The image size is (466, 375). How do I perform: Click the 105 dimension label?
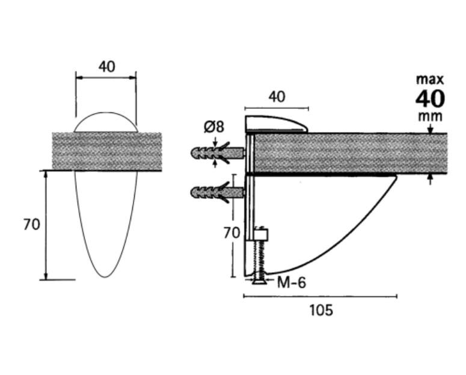pyautogui.click(x=321, y=311)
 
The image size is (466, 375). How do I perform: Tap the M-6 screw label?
pyautogui.click(x=291, y=282)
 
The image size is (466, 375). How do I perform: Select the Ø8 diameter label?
pyautogui.click(x=213, y=127)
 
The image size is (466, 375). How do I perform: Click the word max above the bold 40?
pyautogui.click(x=430, y=80)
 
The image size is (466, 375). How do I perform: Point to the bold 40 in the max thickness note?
pyautogui.click(x=431, y=99)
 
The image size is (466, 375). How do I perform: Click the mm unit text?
pyautogui.click(x=431, y=117)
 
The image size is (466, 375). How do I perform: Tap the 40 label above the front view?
pyautogui.click(x=106, y=67)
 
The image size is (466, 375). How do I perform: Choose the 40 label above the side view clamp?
pyautogui.click(x=277, y=97)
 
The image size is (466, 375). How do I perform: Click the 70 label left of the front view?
pyautogui.click(x=31, y=224)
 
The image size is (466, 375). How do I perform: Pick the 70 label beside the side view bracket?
pyautogui.click(x=231, y=233)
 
